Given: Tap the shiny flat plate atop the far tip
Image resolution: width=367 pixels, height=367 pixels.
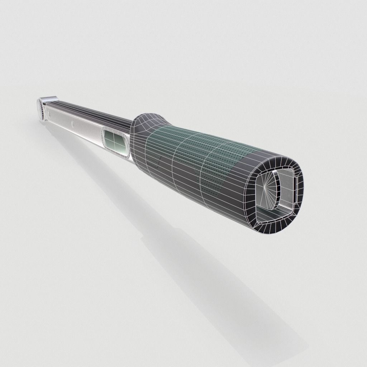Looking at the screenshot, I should tap(48, 99).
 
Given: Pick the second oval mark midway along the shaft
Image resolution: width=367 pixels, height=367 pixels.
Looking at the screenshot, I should tap(73, 124).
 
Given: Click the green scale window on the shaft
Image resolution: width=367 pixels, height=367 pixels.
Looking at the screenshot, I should tap(115, 142).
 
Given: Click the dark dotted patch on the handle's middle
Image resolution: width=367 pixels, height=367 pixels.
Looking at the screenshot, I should tap(211, 183).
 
